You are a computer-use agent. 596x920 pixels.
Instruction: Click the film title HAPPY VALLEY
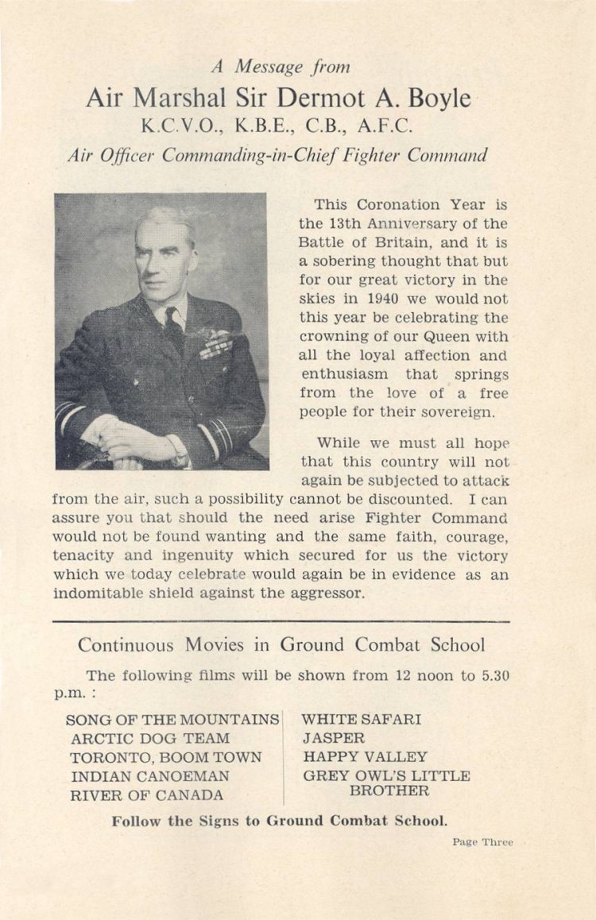tap(365, 757)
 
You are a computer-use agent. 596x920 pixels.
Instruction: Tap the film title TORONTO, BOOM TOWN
tap(166, 757)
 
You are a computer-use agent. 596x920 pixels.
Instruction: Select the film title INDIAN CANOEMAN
tap(150, 776)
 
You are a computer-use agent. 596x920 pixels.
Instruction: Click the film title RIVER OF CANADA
tap(147, 795)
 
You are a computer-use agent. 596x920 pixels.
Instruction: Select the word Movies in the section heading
tap(215, 644)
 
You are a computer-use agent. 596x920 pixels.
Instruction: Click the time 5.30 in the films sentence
tap(493, 675)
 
